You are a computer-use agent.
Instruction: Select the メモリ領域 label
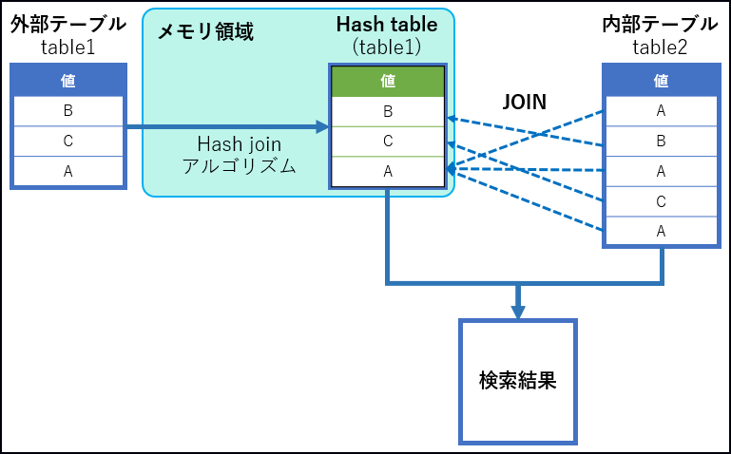tap(205, 31)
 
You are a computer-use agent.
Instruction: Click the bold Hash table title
tap(387, 25)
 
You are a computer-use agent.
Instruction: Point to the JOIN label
tap(524, 102)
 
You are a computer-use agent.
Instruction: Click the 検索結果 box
tap(518, 382)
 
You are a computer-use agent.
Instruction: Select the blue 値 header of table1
tap(67, 81)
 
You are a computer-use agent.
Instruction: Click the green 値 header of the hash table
tap(388, 82)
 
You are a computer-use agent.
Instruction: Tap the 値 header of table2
tap(661, 81)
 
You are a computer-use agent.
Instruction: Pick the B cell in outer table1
tap(67, 111)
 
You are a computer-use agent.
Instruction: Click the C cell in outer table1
tap(67, 142)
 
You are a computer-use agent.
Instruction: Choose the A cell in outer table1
tap(67, 172)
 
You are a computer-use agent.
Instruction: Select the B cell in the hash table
tap(388, 111)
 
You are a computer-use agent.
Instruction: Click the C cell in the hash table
tap(388, 142)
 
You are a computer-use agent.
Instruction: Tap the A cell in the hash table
tap(388, 171)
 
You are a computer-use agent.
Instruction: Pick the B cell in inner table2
tap(661, 142)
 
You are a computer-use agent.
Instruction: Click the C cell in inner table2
tap(661, 201)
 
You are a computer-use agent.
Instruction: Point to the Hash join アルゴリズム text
tap(239, 154)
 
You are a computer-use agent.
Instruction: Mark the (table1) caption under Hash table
tap(387, 46)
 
